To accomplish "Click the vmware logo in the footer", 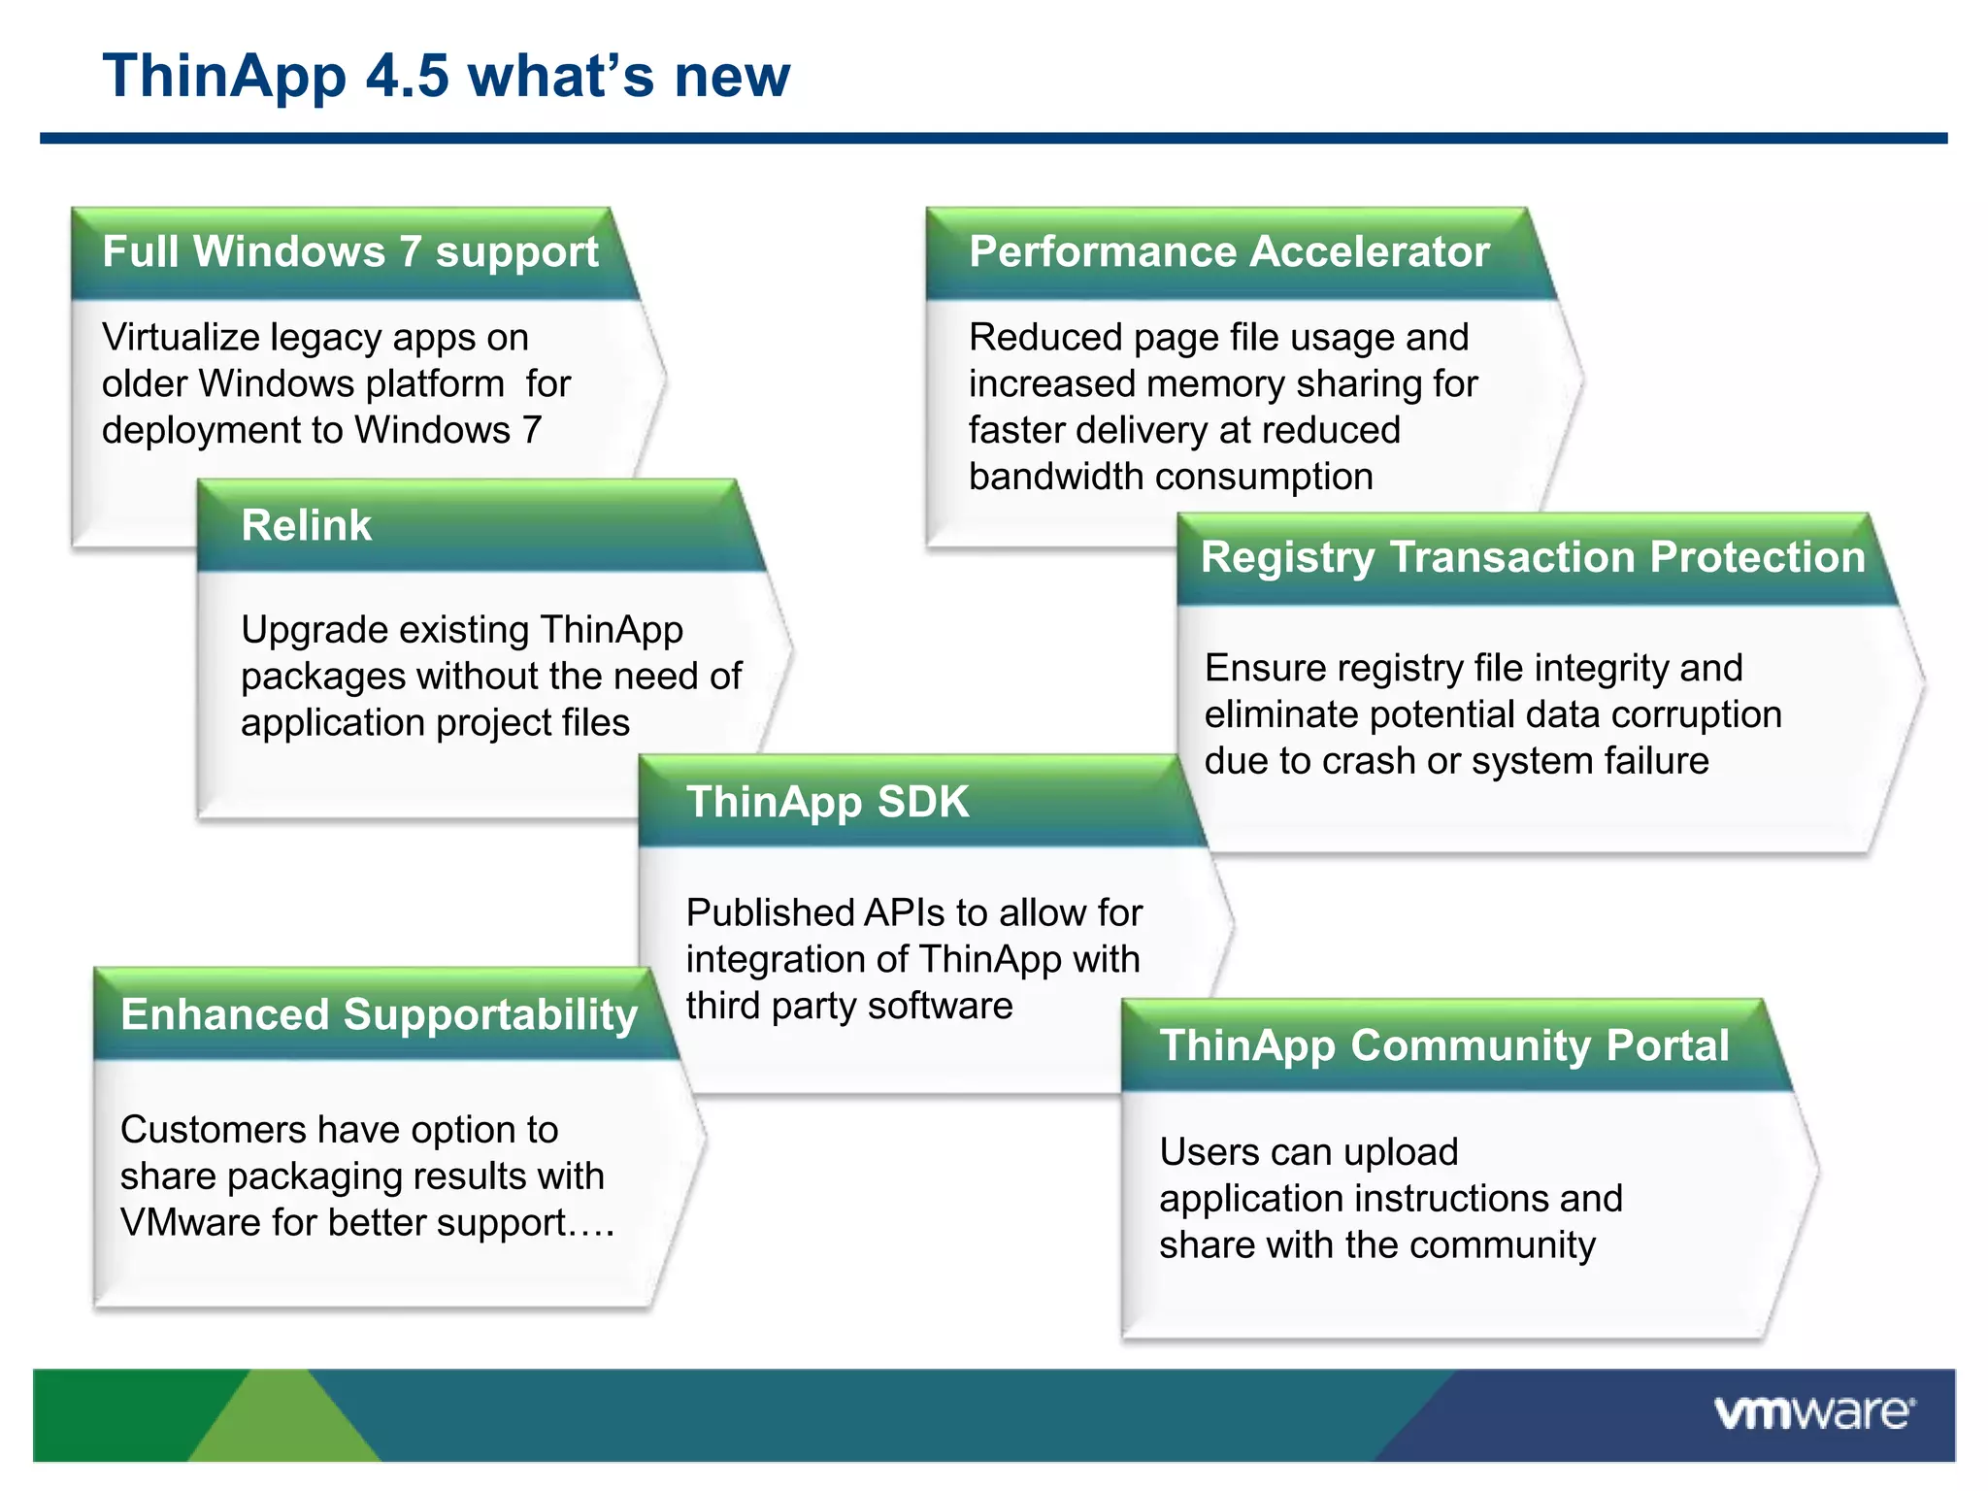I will click(x=1813, y=1412).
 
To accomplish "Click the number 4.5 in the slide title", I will click(x=407, y=76).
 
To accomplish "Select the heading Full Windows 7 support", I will click(x=349, y=252).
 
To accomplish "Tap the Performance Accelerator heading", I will click(x=1228, y=252).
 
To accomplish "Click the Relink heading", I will click(x=306, y=525).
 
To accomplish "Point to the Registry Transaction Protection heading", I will click(x=1532, y=557).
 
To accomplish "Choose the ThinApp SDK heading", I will click(x=827, y=802).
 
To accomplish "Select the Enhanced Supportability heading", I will click(x=379, y=1015).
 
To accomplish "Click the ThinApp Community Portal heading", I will click(x=1443, y=1045).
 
